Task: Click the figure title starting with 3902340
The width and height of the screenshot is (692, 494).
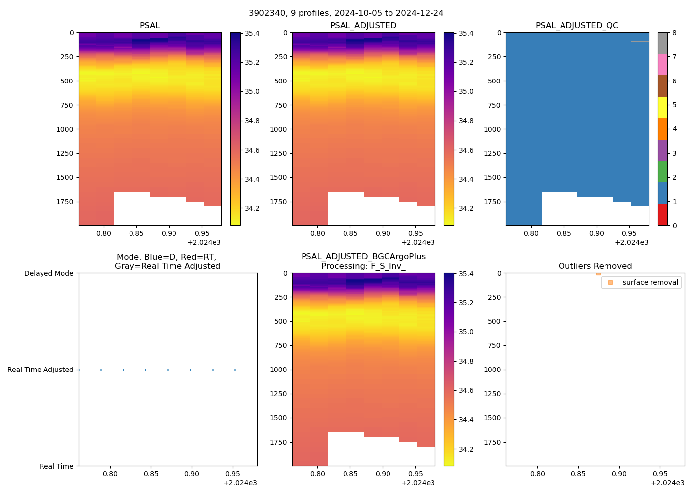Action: (x=346, y=13)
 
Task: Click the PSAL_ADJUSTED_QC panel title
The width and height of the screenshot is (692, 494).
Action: (x=577, y=25)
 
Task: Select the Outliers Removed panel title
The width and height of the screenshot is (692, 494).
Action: (x=595, y=266)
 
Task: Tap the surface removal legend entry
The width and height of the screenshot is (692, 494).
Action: (x=650, y=282)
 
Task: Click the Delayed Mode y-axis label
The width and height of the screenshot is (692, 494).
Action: (x=48, y=273)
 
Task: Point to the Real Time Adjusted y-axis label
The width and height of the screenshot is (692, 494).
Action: (x=40, y=370)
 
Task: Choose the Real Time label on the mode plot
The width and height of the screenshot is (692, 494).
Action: (x=56, y=466)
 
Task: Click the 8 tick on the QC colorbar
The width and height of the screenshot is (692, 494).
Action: (x=674, y=33)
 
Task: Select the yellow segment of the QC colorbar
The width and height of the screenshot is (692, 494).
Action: (x=662, y=107)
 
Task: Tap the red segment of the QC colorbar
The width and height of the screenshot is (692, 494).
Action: (x=662, y=215)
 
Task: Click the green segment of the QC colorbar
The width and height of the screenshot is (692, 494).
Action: (x=662, y=171)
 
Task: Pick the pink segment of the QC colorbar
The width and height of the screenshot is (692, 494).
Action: (x=662, y=64)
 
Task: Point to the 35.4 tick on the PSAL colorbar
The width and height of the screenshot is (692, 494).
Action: (x=252, y=33)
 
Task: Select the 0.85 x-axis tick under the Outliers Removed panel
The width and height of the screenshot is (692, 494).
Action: (x=578, y=474)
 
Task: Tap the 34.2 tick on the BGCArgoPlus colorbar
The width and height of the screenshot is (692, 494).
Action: (x=466, y=449)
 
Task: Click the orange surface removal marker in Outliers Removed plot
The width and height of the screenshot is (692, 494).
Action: (x=598, y=273)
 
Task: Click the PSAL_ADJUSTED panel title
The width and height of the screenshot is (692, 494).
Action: (x=363, y=25)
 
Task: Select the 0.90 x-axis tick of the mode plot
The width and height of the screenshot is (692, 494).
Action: (x=192, y=474)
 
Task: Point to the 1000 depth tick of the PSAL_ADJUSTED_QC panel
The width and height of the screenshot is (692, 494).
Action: (x=492, y=129)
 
